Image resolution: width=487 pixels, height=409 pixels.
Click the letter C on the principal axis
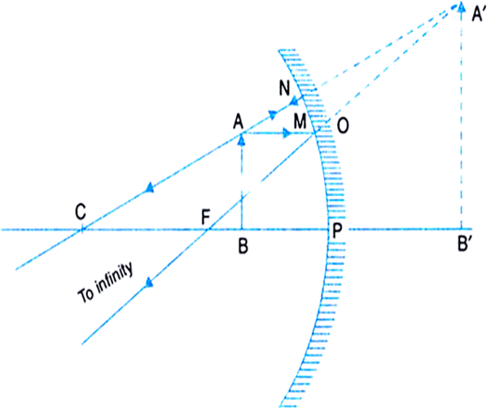click(81, 212)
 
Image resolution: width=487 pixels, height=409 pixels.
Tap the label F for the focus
click(206, 217)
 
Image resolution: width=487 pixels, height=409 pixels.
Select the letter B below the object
click(243, 246)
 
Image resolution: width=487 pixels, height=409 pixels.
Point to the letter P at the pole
click(337, 230)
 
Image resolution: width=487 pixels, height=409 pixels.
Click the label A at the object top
click(238, 121)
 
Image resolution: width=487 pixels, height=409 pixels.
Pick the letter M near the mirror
click(300, 121)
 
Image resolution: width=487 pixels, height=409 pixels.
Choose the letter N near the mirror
click(284, 88)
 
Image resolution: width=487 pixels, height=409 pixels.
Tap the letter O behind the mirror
click(343, 126)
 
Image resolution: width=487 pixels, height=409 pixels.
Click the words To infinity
click(106, 283)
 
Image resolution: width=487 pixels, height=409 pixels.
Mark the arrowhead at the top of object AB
click(242, 141)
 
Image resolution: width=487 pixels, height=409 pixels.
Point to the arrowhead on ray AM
click(286, 133)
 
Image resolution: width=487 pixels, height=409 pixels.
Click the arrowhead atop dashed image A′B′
click(461, 6)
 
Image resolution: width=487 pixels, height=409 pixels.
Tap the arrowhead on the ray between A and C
click(150, 188)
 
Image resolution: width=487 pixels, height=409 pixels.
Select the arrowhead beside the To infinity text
click(149, 282)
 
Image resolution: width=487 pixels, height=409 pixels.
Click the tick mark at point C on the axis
click(82, 229)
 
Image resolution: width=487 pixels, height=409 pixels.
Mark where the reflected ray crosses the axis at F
click(208, 229)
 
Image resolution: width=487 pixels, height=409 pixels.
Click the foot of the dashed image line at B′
click(461, 229)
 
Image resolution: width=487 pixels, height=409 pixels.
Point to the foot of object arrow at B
click(242, 229)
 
